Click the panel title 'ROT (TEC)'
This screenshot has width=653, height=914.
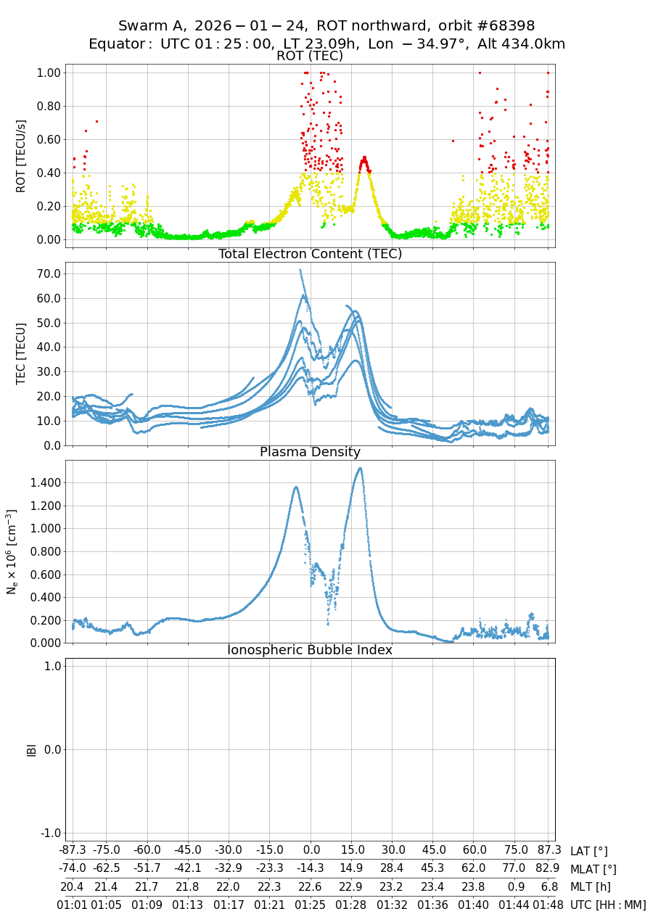pos(310,56)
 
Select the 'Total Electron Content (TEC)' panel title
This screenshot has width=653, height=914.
pos(310,254)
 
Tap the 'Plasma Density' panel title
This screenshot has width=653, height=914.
pos(310,452)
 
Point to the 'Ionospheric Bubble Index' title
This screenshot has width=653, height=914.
pos(310,650)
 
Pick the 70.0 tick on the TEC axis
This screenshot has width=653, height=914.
pos(48,274)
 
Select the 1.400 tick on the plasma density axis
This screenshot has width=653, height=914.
pos(43,483)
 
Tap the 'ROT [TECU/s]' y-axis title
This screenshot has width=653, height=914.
pos(21,156)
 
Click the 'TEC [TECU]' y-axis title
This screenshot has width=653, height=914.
pos(21,353)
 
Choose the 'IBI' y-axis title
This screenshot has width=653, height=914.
pos(31,749)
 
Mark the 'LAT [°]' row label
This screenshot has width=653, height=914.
pos(589,852)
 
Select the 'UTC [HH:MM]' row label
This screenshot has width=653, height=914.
pos(608,905)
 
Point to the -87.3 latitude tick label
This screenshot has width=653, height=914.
pos(73,851)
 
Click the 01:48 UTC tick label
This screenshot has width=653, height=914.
pos(549,905)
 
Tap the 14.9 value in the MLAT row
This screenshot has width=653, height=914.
pos(353,869)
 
